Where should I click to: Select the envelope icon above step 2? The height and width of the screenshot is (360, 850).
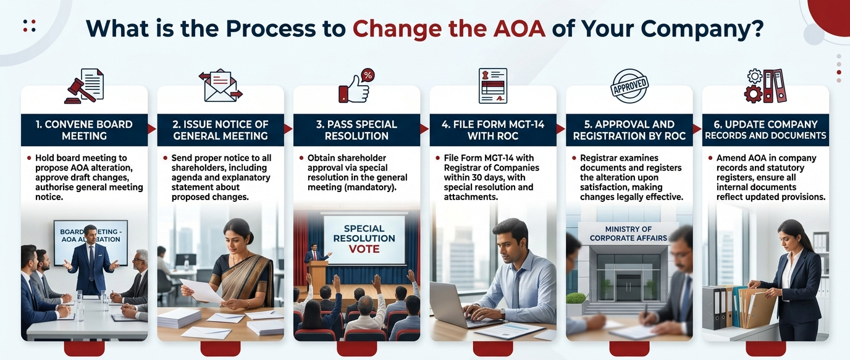click(x=221, y=86)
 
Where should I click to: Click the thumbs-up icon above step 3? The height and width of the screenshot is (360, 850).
click(x=356, y=86)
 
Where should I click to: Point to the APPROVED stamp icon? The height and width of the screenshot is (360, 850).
click(x=629, y=86)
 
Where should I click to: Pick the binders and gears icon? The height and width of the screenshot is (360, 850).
click(x=765, y=86)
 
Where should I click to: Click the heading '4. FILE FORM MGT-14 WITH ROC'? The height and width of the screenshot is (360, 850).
click(x=493, y=130)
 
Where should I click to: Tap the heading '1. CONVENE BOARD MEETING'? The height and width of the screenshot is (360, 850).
click(x=84, y=130)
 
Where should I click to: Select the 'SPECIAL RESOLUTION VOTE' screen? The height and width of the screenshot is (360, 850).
click(x=364, y=239)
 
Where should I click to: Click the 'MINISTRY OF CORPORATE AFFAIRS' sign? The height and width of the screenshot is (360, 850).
click(x=628, y=234)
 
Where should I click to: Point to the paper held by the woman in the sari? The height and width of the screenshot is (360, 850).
click(x=201, y=290)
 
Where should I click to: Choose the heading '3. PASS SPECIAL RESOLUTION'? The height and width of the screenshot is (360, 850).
click(x=356, y=130)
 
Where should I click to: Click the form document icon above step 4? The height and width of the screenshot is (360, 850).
click(x=492, y=86)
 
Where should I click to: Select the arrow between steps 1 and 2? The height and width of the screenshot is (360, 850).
click(x=152, y=129)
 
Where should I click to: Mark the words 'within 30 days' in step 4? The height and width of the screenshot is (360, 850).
click(x=470, y=177)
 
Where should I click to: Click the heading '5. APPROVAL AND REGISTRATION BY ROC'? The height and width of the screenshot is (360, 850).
click(x=629, y=130)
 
